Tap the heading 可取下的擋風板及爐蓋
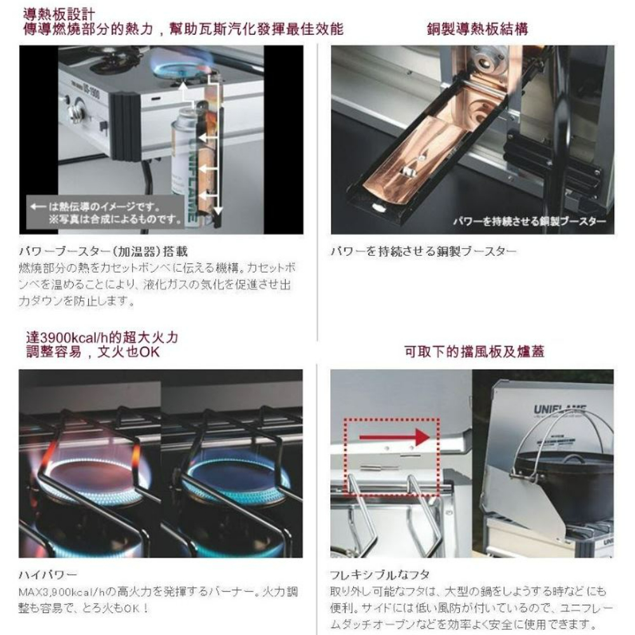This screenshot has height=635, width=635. click(474, 351)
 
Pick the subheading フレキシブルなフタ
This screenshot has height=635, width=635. click(375, 575)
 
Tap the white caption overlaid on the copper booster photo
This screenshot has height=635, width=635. click(530, 221)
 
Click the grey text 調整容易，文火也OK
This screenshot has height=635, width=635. click(89, 352)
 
